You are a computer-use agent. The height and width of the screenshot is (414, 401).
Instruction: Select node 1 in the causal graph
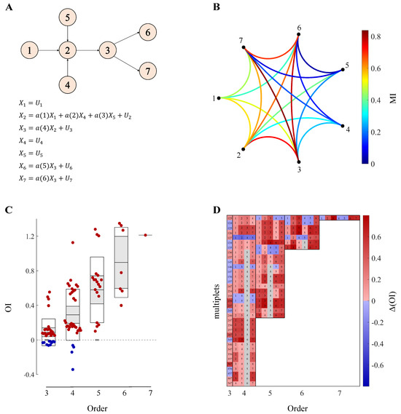click(x=26, y=50)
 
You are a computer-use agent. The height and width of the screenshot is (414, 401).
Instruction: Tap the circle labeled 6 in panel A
click(x=147, y=32)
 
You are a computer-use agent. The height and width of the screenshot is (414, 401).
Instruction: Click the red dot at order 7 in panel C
click(x=146, y=235)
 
